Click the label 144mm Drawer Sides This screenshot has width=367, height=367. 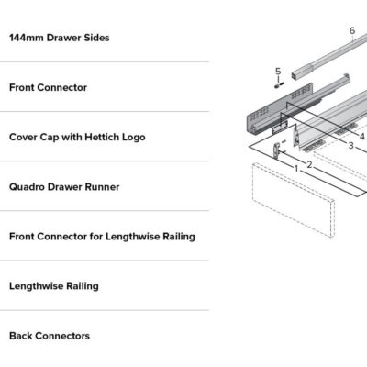click(x=60, y=38)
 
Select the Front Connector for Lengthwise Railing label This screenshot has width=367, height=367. click(x=102, y=237)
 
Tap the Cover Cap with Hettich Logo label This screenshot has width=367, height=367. click(x=77, y=138)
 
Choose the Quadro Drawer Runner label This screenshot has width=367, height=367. click(x=64, y=187)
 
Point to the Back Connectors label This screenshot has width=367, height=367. click(x=50, y=336)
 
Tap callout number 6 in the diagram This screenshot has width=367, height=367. click(x=352, y=30)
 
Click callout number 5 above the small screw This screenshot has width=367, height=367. click(x=278, y=72)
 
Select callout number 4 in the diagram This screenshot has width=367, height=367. click(x=362, y=137)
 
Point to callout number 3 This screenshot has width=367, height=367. click(x=350, y=146)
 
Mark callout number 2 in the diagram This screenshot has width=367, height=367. click(x=309, y=165)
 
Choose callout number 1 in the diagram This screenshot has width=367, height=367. click(x=296, y=169)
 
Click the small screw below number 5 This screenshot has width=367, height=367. click(x=279, y=84)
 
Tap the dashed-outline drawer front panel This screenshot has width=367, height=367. click(x=294, y=200)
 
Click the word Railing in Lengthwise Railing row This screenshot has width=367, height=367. click(x=83, y=286)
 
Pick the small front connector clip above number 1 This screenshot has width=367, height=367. click(x=277, y=150)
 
